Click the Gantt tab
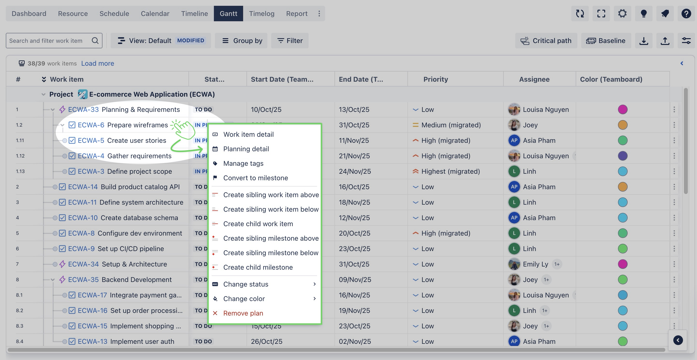click(228, 14)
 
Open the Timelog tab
click(261, 14)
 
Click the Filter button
click(290, 41)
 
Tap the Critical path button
click(546, 41)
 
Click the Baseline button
click(606, 41)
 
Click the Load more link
click(97, 63)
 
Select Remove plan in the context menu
click(243, 313)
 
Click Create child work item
click(258, 224)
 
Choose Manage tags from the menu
click(243, 163)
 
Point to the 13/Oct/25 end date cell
click(354, 109)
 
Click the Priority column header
click(435, 79)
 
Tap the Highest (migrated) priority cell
click(450, 172)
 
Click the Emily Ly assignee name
click(535, 264)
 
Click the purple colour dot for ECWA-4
click(623, 156)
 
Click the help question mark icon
click(686, 14)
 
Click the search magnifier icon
click(95, 41)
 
